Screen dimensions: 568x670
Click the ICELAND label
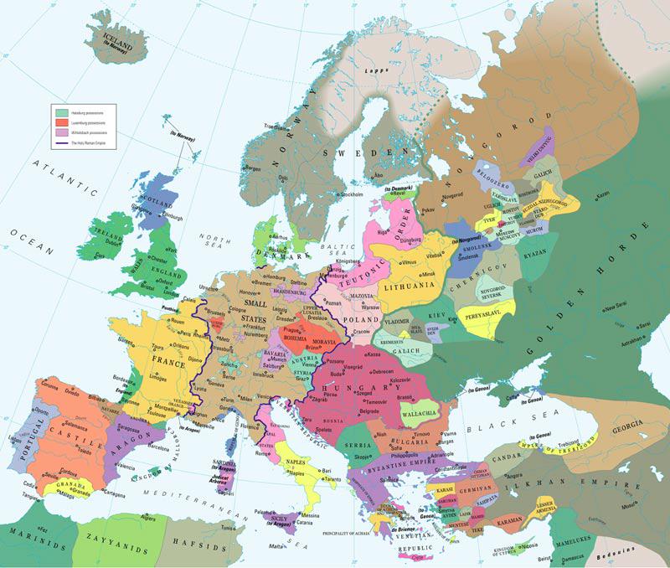click(120, 37)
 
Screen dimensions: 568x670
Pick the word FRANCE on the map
click(167, 363)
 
